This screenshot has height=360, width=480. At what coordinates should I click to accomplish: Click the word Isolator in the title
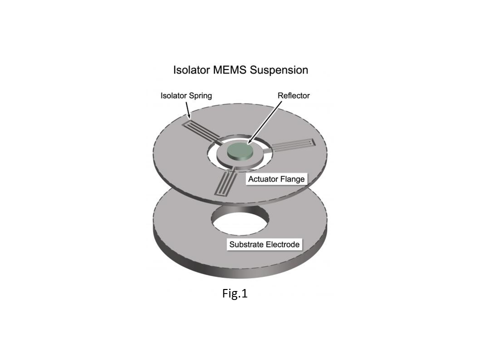(191, 70)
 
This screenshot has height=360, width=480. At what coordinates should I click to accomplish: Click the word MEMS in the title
(230, 70)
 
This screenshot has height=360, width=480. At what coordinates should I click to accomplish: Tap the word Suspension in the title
(279, 70)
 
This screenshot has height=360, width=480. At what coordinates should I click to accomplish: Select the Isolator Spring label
(186, 96)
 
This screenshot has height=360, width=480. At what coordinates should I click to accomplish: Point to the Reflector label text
(293, 95)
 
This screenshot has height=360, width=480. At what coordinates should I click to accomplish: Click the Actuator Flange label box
(276, 179)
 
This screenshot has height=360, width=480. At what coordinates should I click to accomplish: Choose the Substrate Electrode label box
(264, 244)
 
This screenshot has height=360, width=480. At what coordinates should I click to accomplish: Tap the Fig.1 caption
(235, 293)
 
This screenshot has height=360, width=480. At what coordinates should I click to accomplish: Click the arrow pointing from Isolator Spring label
(188, 110)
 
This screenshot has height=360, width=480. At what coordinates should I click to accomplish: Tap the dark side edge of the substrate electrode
(240, 266)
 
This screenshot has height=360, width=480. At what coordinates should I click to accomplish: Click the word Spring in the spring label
(200, 96)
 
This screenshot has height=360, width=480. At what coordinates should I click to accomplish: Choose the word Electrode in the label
(282, 244)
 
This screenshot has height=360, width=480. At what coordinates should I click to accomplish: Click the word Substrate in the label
(246, 244)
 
